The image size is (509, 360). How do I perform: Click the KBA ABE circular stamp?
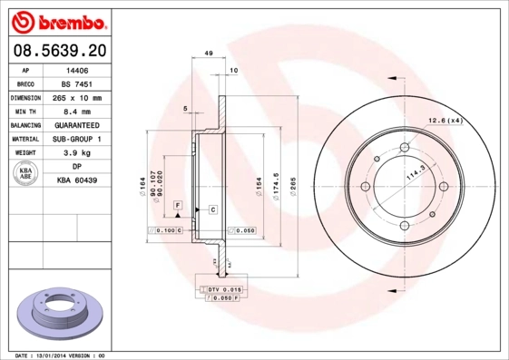[25, 174]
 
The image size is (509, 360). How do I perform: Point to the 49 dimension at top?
[208, 55]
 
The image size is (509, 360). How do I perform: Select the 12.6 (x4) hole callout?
[445, 121]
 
